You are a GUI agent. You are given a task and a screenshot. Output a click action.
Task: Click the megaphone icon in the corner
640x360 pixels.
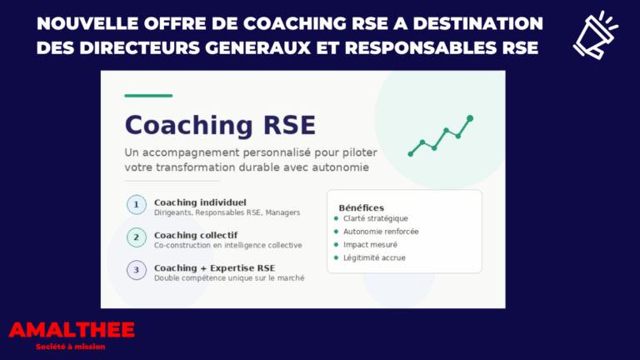click(595, 34)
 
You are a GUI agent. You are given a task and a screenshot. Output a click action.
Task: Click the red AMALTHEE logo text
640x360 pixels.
click(72, 330)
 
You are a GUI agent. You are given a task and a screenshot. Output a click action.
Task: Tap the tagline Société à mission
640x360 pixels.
click(71, 347)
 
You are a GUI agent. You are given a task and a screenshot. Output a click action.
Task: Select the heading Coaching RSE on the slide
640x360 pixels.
click(220, 126)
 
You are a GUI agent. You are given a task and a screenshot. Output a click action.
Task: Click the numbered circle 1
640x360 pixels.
click(135, 206)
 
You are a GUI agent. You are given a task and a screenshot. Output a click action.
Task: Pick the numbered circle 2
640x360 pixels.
click(135, 238)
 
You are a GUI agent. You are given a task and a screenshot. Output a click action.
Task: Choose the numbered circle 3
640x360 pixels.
click(135, 271)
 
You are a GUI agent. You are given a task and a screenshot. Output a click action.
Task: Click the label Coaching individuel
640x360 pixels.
click(200, 202)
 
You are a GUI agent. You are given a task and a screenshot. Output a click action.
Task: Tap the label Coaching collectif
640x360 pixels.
click(196, 235)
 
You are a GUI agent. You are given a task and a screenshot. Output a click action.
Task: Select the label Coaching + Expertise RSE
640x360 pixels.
click(214, 267)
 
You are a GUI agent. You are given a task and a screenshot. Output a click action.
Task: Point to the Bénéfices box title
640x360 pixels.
click(361, 207)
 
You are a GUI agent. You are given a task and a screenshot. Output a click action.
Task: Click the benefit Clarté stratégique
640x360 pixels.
click(376, 218)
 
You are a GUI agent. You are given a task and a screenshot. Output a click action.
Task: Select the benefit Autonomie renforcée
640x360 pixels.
click(381, 232)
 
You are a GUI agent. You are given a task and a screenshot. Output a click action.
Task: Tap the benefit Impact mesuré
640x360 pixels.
click(370, 245)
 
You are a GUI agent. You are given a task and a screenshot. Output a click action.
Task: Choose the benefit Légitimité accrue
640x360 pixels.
click(374, 258)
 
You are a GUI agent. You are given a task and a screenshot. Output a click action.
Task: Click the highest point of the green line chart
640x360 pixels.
click(470, 118)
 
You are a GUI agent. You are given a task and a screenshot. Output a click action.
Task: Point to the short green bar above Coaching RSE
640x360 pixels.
click(148, 96)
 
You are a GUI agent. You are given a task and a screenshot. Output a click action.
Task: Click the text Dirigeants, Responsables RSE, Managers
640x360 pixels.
click(227, 213)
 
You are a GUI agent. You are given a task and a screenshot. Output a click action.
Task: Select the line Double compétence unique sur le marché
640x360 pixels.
click(229, 278)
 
